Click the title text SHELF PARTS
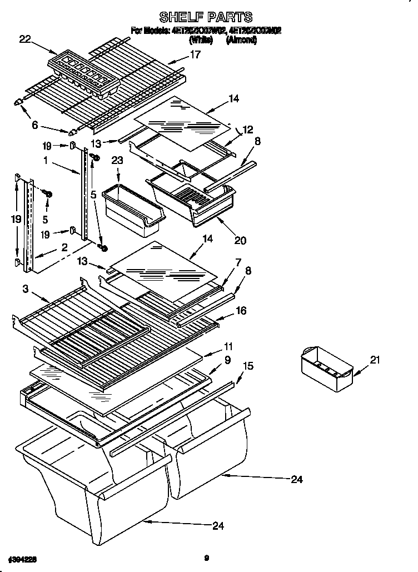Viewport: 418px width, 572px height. [x=206, y=17]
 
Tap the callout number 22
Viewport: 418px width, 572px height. [x=25, y=38]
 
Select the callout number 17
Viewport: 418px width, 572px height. [x=195, y=54]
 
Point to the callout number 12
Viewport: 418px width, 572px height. [x=247, y=130]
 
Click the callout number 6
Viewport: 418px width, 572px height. [x=35, y=126]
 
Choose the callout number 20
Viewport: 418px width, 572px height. [x=240, y=241]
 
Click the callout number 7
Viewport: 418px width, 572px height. [x=238, y=262]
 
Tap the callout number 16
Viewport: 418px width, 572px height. [x=241, y=311]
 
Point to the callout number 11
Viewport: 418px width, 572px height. [x=227, y=346]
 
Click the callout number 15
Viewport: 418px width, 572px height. [x=248, y=366]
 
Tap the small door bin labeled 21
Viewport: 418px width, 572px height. [x=326, y=368]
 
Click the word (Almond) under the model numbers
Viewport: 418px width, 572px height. [x=241, y=40]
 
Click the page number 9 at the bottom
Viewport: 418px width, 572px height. [x=206, y=558]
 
